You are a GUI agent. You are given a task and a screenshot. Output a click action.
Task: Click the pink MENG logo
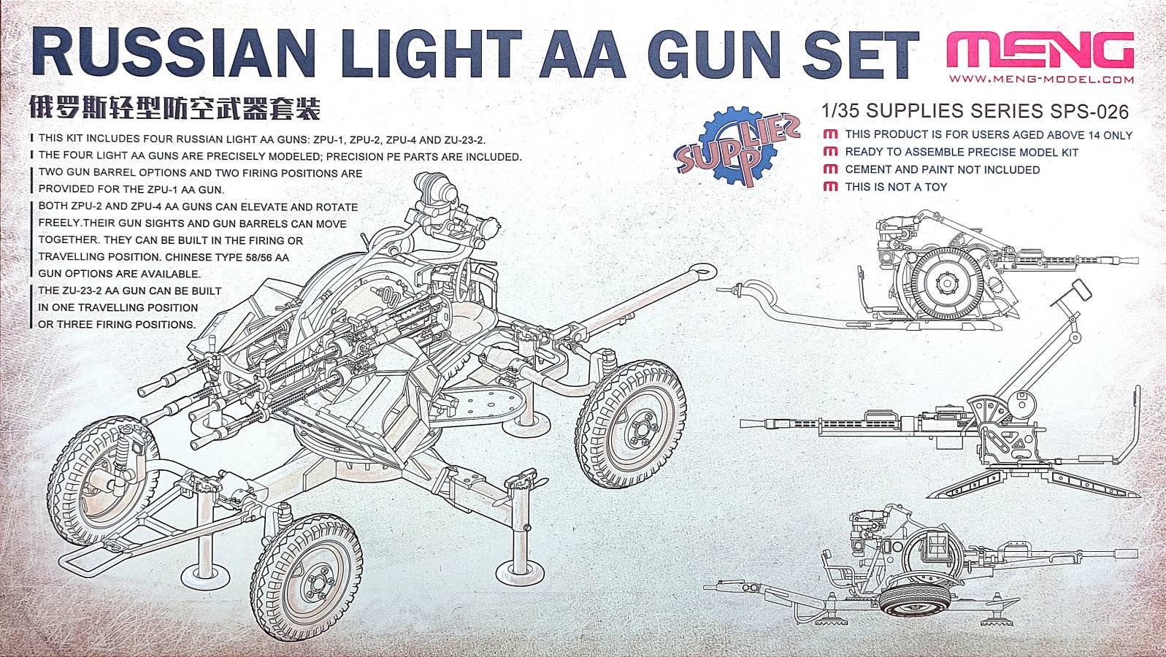click(x=1040, y=50)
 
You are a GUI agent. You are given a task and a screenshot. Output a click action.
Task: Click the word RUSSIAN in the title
click(x=173, y=53)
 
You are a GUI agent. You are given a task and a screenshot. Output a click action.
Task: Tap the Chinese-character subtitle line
click(x=175, y=108)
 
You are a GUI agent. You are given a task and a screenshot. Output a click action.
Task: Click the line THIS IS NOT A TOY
click(x=896, y=187)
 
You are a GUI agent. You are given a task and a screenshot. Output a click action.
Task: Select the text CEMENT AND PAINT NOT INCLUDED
click(x=942, y=169)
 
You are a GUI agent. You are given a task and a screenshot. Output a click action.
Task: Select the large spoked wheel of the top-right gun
click(x=948, y=283)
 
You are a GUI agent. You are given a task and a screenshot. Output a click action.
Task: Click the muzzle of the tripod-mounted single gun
click(x=745, y=423)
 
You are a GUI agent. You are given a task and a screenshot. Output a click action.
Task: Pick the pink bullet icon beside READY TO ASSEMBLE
click(x=831, y=152)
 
